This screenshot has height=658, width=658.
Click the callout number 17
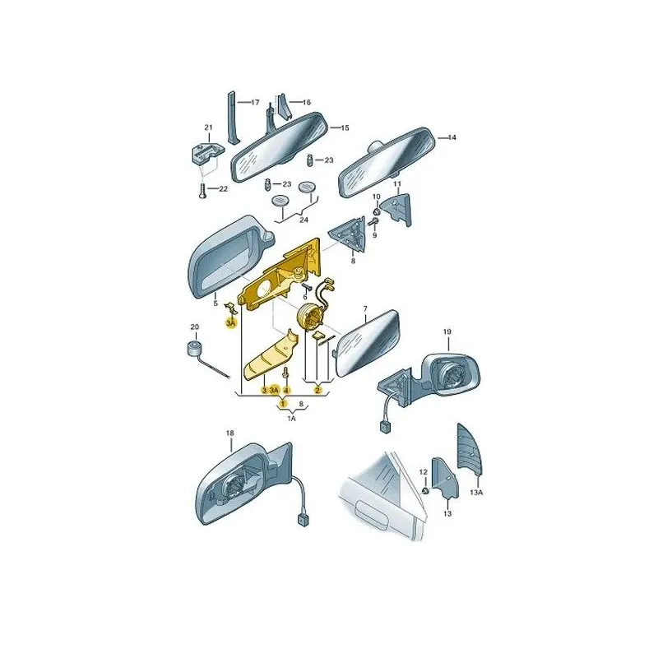click(255, 102)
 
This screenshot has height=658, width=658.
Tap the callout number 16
click(306, 102)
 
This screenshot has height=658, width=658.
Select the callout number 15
click(345, 127)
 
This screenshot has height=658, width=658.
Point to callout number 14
click(452, 137)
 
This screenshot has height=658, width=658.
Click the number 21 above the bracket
click(209, 127)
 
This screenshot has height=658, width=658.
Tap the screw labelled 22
click(203, 191)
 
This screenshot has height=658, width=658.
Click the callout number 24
click(304, 220)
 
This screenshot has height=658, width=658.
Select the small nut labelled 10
click(376, 211)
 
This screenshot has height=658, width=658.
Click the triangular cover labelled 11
click(399, 209)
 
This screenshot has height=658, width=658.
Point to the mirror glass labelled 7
click(368, 342)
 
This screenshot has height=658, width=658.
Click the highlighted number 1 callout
click(283, 404)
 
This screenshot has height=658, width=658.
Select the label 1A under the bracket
click(291, 419)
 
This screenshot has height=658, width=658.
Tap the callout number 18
click(230, 433)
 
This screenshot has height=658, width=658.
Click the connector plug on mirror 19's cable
click(384, 427)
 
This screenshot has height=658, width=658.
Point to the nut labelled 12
click(424, 490)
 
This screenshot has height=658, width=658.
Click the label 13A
click(476, 492)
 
